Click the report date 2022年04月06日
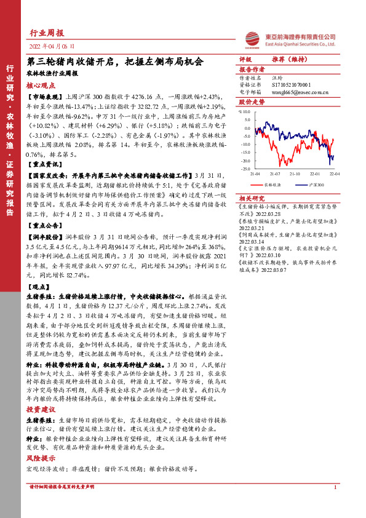click(52, 46)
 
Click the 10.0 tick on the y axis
click(245, 111)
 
